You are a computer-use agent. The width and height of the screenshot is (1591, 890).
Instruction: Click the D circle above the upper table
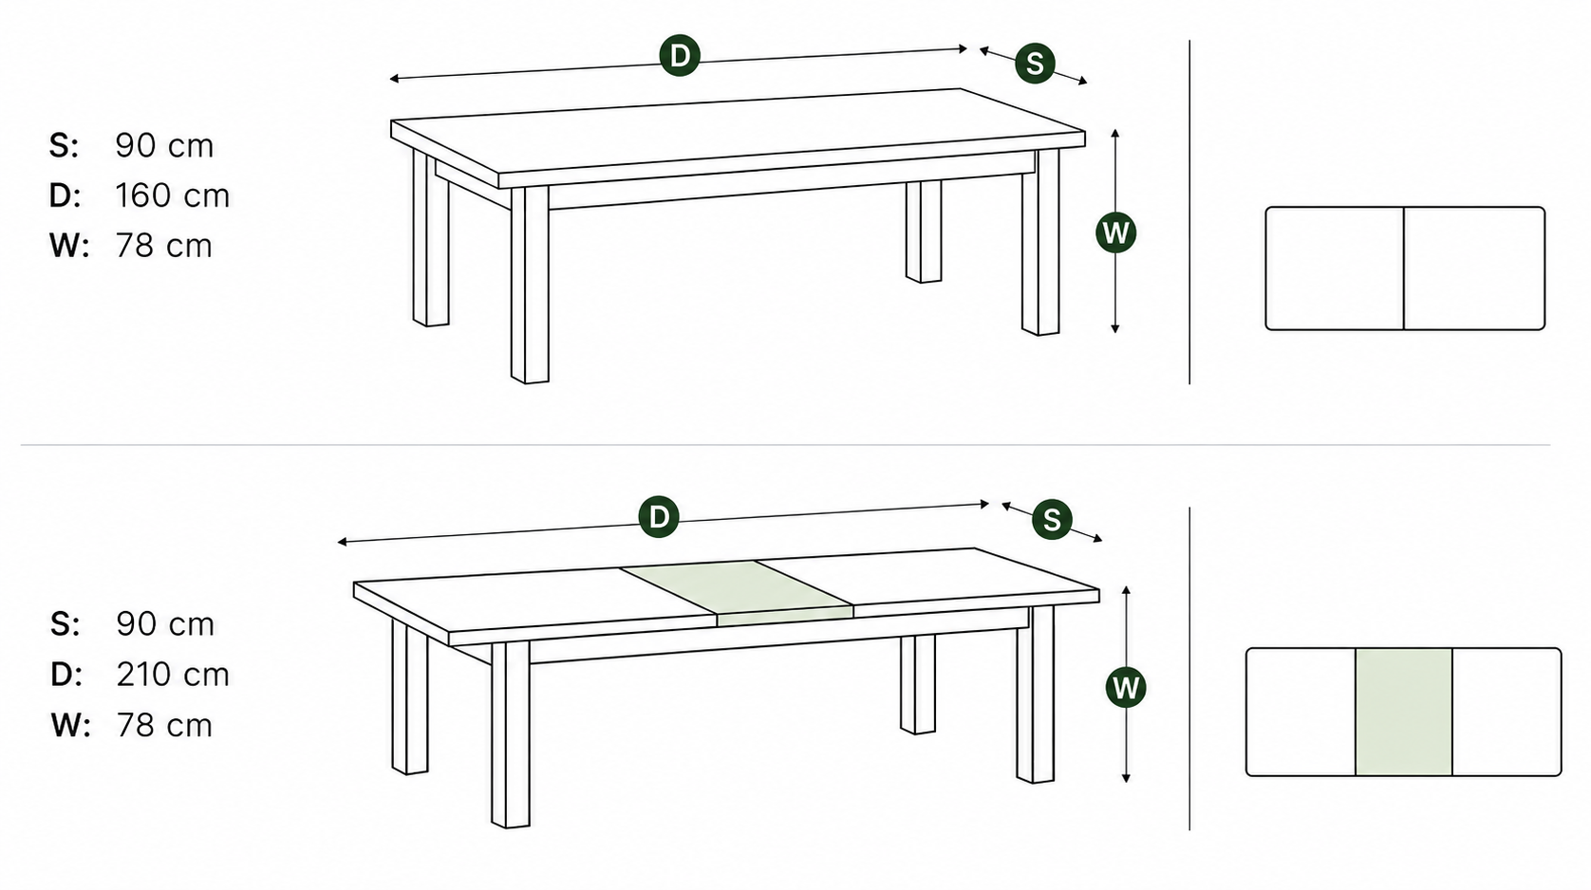pyautogui.click(x=680, y=55)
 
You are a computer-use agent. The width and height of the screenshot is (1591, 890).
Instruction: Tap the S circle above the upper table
pyautogui.click(x=1035, y=64)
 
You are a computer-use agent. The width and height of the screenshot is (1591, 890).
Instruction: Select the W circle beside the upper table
pyautogui.click(x=1115, y=232)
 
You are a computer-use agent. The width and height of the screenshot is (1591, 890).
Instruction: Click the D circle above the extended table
pyautogui.click(x=659, y=517)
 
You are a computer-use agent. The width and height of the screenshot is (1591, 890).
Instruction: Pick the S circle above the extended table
pyautogui.click(x=1052, y=520)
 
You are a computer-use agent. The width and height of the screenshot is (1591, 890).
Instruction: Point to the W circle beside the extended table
pyautogui.click(x=1126, y=687)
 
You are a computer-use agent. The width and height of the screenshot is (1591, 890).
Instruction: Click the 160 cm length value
pyautogui.click(x=173, y=195)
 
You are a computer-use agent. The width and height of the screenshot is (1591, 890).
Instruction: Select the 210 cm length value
pyautogui.click(x=173, y=675)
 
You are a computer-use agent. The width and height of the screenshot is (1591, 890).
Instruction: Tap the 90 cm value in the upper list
pyautogui.click(x=164, y=145)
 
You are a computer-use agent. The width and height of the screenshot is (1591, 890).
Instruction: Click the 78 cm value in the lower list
pyautogui.click(x=164, y=725)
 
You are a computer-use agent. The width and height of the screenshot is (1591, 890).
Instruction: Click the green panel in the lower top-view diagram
pyautogui.click(x=1403, y=712)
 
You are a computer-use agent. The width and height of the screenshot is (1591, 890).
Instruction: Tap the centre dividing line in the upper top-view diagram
pyautogui.click(x=1403, y=269)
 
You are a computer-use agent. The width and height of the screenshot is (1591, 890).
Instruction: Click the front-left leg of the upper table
pyautogui.click(x=530, y=285)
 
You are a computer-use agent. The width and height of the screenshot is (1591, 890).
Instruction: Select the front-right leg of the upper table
pyautogui.click(x=1040, y=241)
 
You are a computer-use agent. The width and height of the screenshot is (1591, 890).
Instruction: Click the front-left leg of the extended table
pyautogui.click(x=511, y=734)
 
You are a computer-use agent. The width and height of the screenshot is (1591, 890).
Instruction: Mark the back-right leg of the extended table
pyautogui.click(x=918, y=684)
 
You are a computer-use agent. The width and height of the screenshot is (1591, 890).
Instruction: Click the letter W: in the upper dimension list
pyautogui.click(x=69, y=246)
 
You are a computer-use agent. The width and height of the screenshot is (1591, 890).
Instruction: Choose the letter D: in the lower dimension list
pyautogui.click(x=66, y=675)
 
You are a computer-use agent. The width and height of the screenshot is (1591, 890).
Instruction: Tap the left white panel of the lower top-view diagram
pyautogui.click(x=1301, y=712)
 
